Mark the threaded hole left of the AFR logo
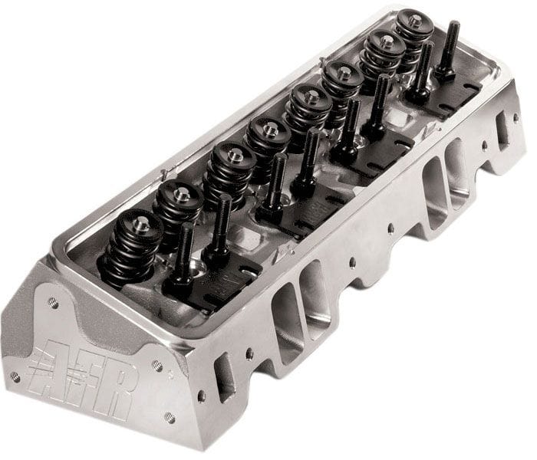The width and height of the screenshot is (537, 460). tap(15, 376)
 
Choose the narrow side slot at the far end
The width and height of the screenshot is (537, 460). tap(503, 130)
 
